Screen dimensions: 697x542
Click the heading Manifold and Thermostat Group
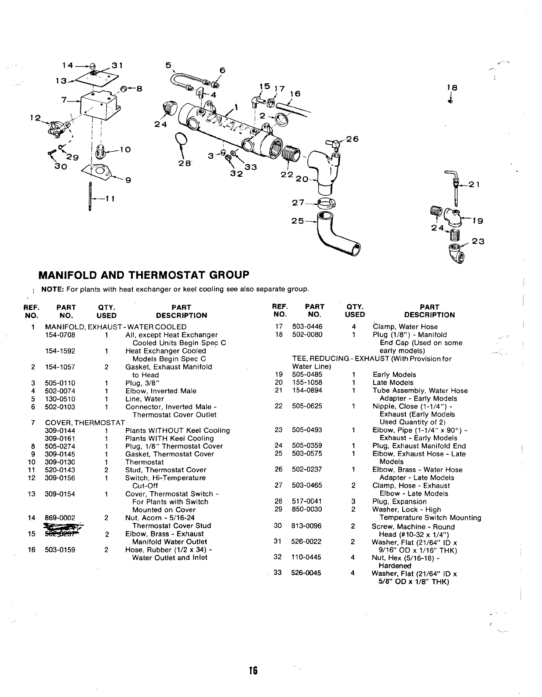pos(144,275)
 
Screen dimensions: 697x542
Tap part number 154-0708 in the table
pos(60,335)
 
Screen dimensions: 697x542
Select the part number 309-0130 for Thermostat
pos(60,462)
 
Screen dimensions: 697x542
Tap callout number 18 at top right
pos(452,88)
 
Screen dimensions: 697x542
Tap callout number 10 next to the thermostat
pos(125,150)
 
